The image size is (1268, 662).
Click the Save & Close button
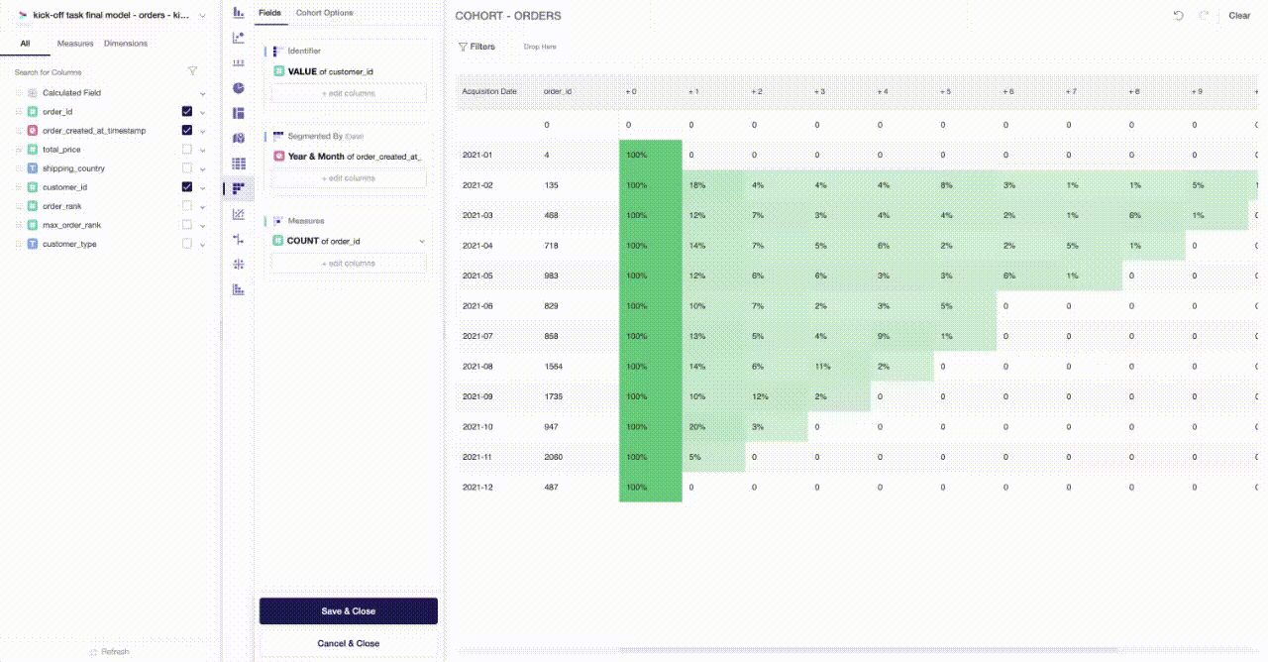pyautogui.click(x=348, y=610)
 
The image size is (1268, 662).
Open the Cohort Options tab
pyautogui.click(x=324, y=13)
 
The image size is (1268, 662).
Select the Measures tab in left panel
pyautogui.click(x=75, y=44)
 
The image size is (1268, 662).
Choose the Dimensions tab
pyautogui.click(x=126, y=44)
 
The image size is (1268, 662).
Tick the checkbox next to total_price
pyautogui.click(x=186, y=150)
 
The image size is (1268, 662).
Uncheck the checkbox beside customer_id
pyautogui.click(x=186, y=187)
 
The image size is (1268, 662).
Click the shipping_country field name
pyautogui.click(x=73, y=168)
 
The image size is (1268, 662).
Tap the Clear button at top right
pyautogui.click(x=1239, y=16)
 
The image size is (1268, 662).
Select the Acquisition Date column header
pyautogui.click(x=489, y=91)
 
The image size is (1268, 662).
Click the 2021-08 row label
pyautogui.click(x=477, y=367)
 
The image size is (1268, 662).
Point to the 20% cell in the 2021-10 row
pyautogui.click(x=697, y=427)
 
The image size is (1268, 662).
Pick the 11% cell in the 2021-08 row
pyautogui.click(x=822, y=367)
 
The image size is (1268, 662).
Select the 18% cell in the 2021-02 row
pyautogui.click(x=697, y=185)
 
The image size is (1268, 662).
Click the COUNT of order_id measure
pyautogui.click(x=324, y=241)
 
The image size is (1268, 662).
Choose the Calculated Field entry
pyautogui.click(x=71, y=93)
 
